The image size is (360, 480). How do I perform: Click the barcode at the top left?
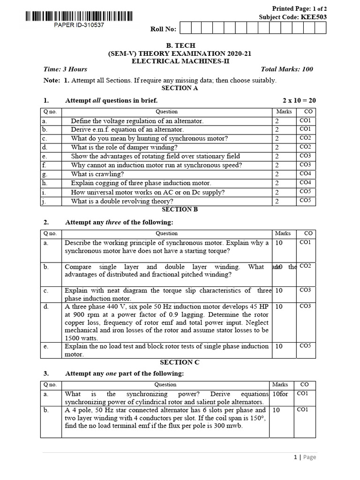click(x=76, y=16)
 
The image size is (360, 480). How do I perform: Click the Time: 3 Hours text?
click(x=65, y=69)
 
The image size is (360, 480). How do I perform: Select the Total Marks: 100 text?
click(x=287, y=69)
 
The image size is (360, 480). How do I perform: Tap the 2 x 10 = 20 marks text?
click(x=299, y=100)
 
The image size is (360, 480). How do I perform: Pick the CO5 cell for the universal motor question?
click(x=305, y=191)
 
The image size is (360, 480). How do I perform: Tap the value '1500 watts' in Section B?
click(x=81, y=338)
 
